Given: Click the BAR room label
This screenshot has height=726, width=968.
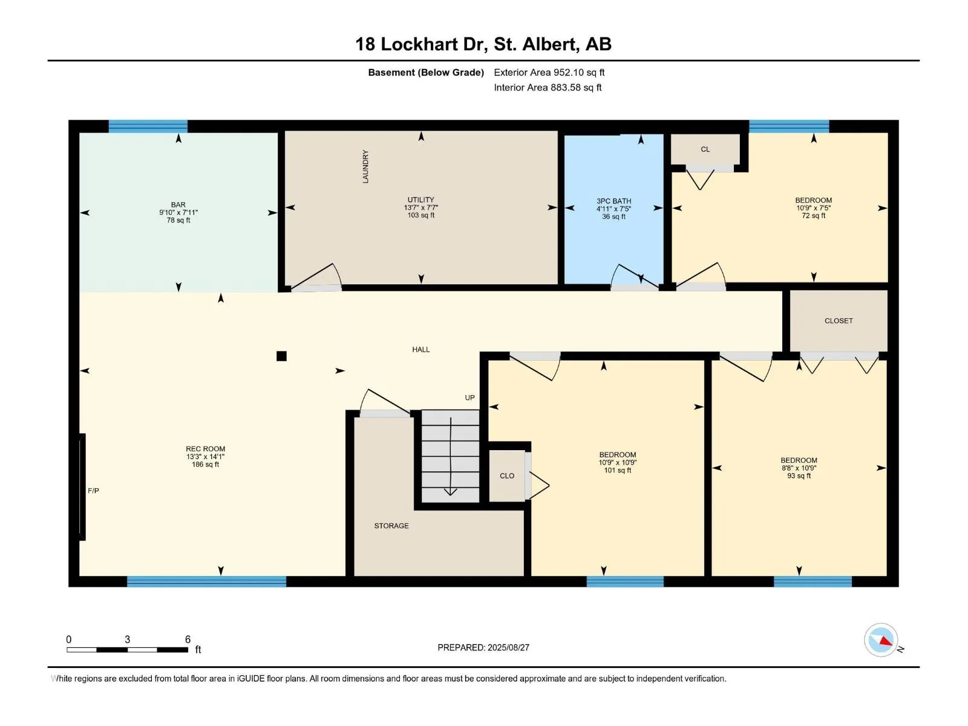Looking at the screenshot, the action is pyautogui.click(x=178, y=204).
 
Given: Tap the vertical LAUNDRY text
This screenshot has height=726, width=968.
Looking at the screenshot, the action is pyautogui.click(x=365, y=166).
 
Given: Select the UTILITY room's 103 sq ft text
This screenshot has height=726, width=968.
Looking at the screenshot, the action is pyautogui.click(x=420, y=215).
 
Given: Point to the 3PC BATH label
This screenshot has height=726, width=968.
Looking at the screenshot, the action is pyautogui.click(x=614, y=201).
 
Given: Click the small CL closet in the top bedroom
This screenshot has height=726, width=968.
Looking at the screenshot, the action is pyautogui.click(x=705, y=149).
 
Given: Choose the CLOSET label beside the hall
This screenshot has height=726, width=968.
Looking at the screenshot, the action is pyautogui.click(x=839, y=321).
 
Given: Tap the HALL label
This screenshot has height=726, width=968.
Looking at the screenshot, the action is pyautogui.click(x=420, y=350).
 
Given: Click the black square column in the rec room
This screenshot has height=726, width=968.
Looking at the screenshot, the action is pyautogui.click(x=281, y=356).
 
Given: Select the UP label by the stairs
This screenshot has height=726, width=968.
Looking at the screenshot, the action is pyautogui.click(x=469, y=397).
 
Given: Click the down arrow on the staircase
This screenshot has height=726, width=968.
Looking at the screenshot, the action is pyautogui.click(x=450, y=456).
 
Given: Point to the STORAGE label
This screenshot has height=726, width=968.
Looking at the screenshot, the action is pyautogui.click(x=391, y=526).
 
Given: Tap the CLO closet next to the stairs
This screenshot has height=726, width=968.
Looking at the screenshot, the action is pyautogui.click(x=507, y=476).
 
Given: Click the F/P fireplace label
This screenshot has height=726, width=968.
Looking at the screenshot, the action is pyautogui.click(x=93, y=491).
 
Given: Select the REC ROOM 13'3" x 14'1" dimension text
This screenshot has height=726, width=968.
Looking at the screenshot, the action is pyautogui.click(x=206, y=457).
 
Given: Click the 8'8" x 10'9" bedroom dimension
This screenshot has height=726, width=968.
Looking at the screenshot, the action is pyautogui.click(x=799, y=468).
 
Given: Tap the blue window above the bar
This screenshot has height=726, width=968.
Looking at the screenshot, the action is pyautogui.click(x=148, y=126).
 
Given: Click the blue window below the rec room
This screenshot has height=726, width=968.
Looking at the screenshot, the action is pyautogui.click(x=206, y=581).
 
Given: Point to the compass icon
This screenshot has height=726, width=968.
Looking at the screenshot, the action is pyautogui.click(x=881, y=640).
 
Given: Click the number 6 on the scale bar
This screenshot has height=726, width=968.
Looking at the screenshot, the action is pyautogui.click(x=188, y=639).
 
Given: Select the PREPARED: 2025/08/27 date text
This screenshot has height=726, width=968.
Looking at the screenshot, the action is pyautogui.click(x=483, y=647).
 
